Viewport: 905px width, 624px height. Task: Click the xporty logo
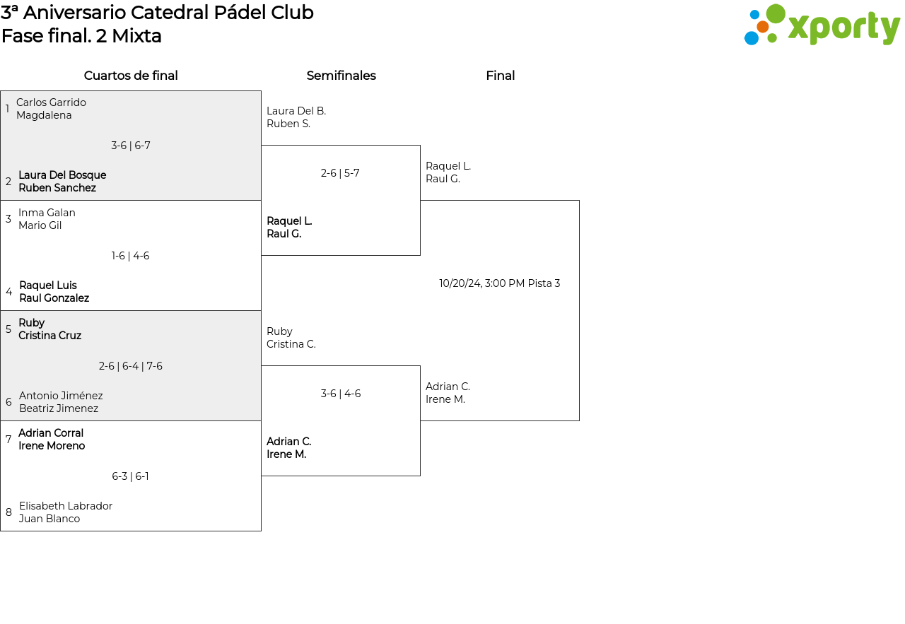(x=822, y=25)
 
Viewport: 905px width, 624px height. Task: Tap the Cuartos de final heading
(x=131, y=76)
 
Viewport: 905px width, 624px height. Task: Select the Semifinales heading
(x=341, y=76)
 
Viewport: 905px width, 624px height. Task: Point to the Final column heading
(x=500, y=76)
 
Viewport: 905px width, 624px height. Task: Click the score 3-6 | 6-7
(x=131, y=146)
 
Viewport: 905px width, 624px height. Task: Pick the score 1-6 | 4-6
(x=131, y=256)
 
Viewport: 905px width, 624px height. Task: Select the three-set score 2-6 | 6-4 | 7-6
(x=131, y=366)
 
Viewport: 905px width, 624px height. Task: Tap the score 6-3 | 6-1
(x=131, y=476)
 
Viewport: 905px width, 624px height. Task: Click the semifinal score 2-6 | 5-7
(x=340, y=173)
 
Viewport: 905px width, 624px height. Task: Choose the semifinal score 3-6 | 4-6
(x=341, y=394)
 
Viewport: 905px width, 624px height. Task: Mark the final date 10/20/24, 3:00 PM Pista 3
(x=499, y=283)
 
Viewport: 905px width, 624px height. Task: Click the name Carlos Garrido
(x=51, y=102)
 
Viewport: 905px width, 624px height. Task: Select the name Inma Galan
(x=47, y=213)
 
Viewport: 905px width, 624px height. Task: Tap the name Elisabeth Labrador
(x=66, y=506)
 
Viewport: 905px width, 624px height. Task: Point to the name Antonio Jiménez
(x=61, y=396)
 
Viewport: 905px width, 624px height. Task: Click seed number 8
(x=8, y=512)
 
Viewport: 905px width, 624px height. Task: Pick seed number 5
(x=8, y=329)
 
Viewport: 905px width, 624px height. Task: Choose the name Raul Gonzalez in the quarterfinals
(x=54, y=298)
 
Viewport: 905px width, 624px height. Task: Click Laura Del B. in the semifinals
(x=296, y=111)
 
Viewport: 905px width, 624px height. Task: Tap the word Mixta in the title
(x=136, y=36)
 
